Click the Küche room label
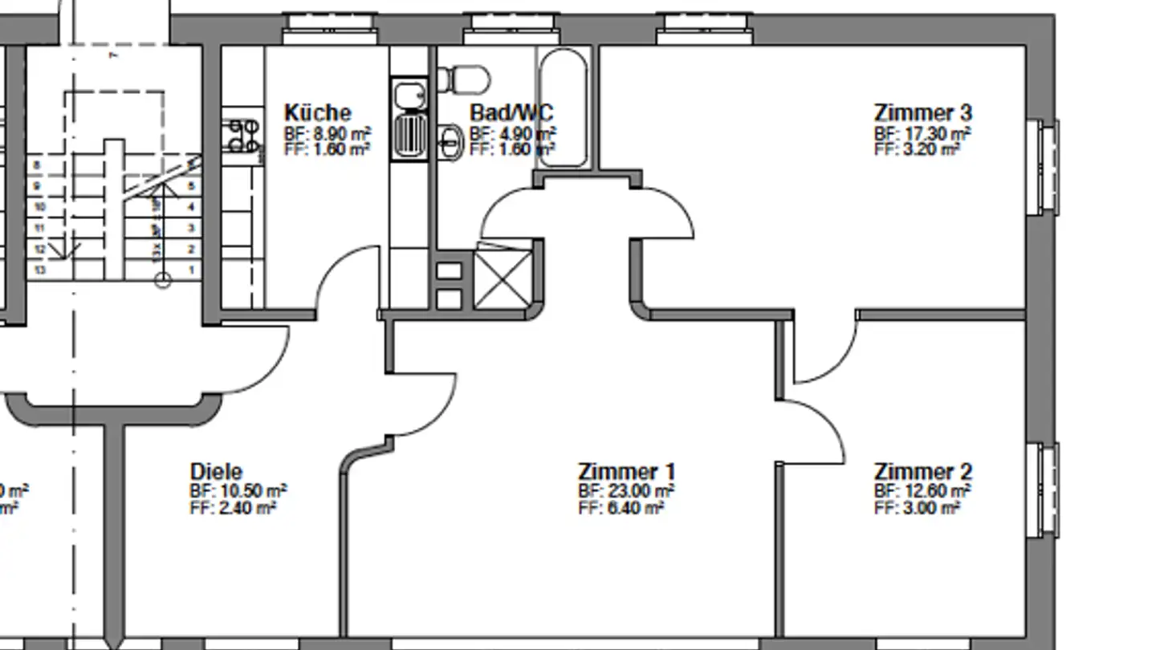[317, 112]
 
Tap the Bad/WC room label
[511, 112]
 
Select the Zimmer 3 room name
[922, 112]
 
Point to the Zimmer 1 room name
[626, 471]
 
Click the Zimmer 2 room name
[922, 471]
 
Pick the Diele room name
[216, 471]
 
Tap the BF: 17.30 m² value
[922, 133]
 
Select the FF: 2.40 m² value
[233, 508]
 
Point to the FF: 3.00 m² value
[917, 508]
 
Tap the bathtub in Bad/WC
[564, 108]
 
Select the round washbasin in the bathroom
[450, 142]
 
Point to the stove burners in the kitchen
[243, 136]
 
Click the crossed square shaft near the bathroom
[503, 279]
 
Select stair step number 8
[37, 165]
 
